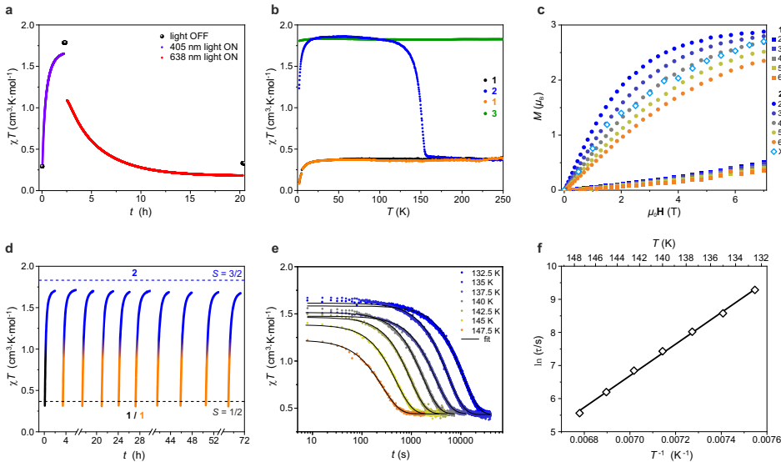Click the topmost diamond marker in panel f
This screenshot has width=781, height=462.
754,290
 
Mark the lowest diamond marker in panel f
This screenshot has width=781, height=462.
579,413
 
